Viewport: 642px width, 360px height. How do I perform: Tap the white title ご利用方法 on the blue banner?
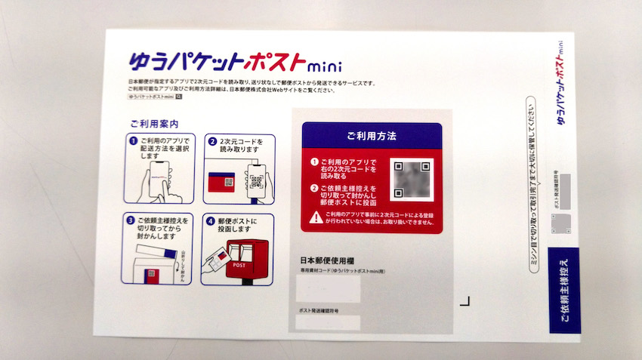[x=371, y=136]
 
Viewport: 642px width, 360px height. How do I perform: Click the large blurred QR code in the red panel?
[x=412, y=180]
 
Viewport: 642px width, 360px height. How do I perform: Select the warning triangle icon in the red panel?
[x=315, y=217]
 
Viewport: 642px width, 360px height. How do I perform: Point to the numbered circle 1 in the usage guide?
[x=132, y=140]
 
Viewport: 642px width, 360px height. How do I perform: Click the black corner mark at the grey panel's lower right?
[x=465, y=301]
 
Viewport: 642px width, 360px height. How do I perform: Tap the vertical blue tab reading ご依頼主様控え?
[x=565, y=290]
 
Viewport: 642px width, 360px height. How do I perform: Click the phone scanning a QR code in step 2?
[x=255, y=180]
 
